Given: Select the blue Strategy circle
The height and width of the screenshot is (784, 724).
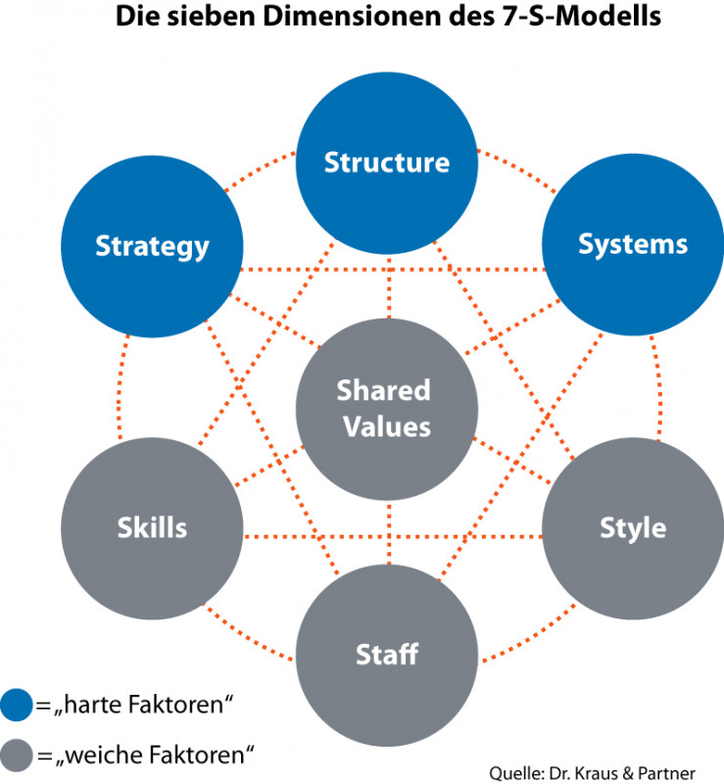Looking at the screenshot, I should point(152,245).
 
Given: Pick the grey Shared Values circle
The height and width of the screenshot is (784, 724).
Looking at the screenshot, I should point(387,408).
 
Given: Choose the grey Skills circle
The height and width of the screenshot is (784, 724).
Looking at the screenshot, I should point(152,527).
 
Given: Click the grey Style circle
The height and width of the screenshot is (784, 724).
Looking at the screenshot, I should point(632,527).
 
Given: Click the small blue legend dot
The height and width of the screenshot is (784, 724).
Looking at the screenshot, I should point(17,703).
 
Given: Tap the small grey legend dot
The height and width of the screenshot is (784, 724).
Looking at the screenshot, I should point(17,754).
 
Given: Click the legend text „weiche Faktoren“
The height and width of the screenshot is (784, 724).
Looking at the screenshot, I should point(153,754).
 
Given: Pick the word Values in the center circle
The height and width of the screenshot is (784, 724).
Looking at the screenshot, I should point(387,427).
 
